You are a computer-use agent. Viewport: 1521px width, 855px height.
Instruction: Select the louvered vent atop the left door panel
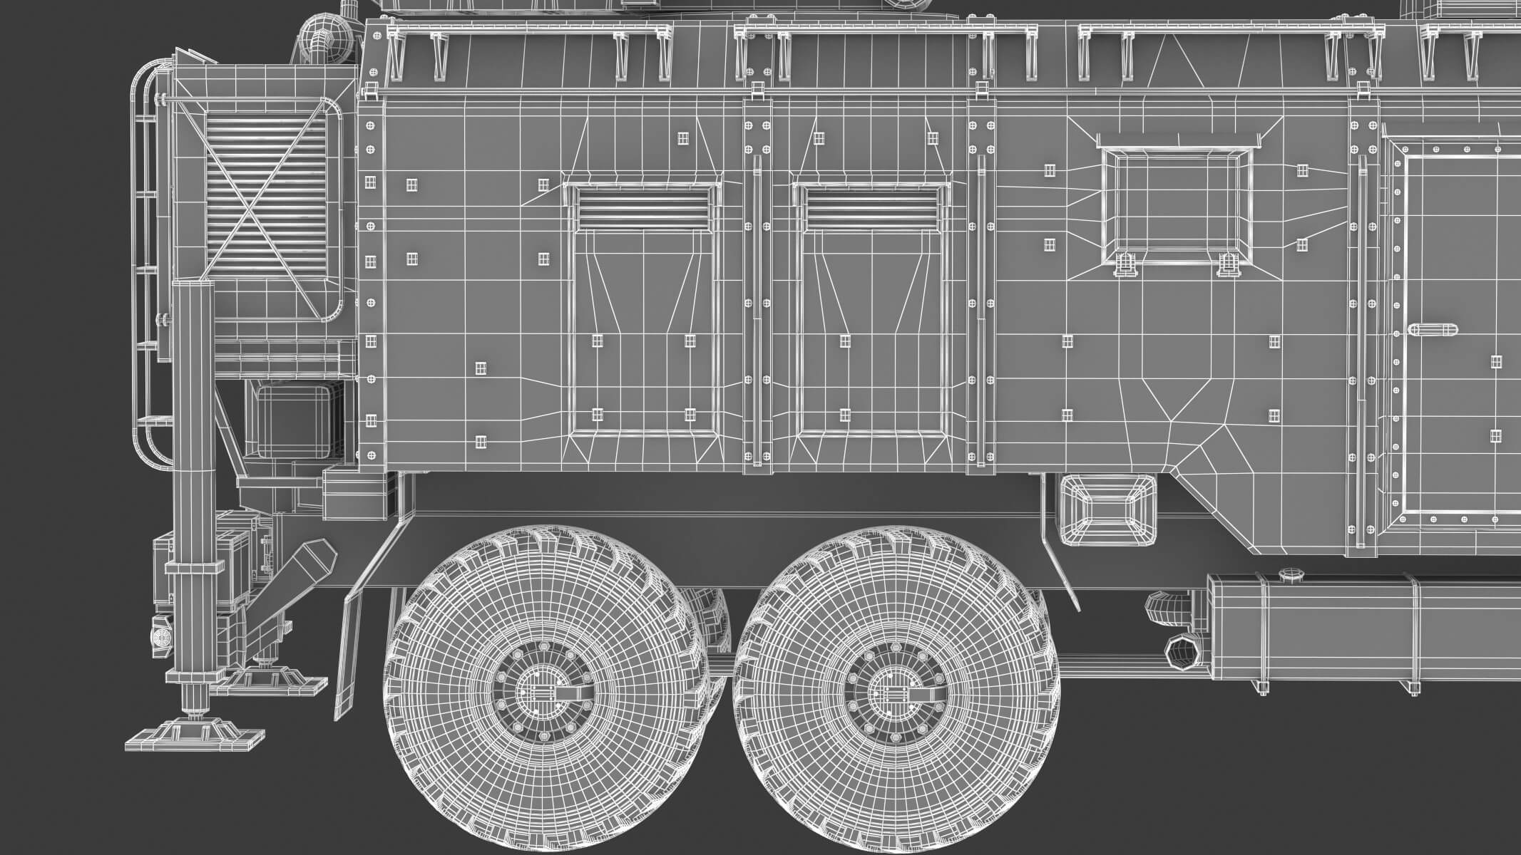[x=644, y=208]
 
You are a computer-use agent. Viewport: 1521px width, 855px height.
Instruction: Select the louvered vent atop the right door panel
[x=873, y=208]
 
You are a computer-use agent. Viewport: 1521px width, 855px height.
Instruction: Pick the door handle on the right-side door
[x=1432, y=331]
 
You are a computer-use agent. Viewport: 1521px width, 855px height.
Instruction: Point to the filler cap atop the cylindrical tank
[x=1289, y=574]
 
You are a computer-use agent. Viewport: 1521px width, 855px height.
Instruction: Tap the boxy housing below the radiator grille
[x=295, y=420]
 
